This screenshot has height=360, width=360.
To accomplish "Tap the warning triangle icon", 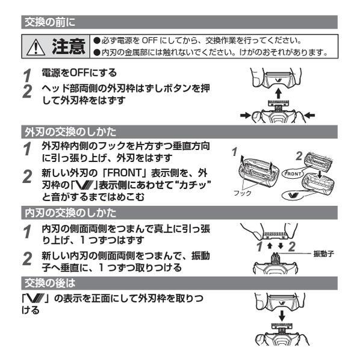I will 37,46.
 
